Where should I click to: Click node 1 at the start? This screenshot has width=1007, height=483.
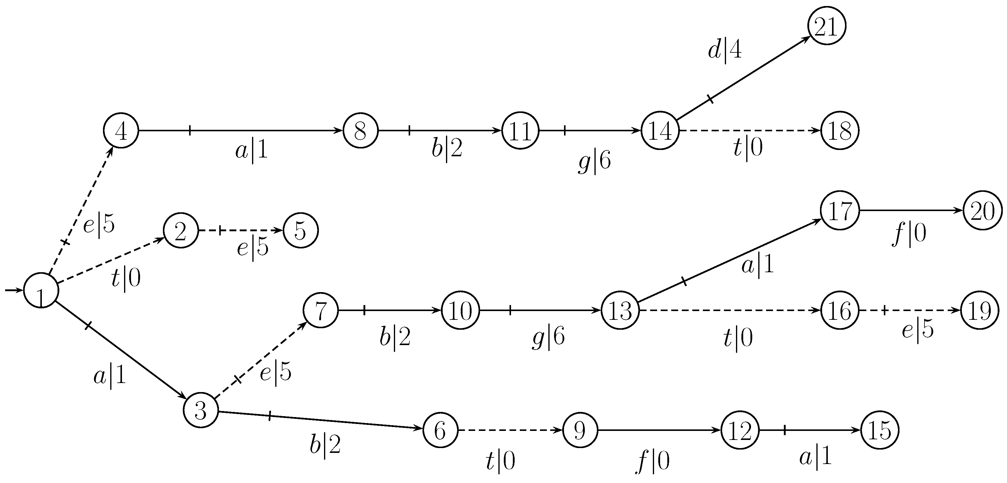[41, 290]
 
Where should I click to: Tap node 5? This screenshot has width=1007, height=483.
[301, 231]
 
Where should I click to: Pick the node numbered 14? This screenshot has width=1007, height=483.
[660, 131]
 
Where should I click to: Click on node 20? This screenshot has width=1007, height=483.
[982, 211]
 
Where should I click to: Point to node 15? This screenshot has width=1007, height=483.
[880, 430]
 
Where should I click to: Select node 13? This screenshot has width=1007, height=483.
[620, 311]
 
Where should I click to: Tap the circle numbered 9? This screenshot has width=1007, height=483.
[580, 430]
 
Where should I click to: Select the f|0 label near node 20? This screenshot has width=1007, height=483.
[909, 235]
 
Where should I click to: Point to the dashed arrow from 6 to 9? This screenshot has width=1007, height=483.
[510, 430]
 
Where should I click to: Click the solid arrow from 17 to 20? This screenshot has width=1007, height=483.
[911, 210]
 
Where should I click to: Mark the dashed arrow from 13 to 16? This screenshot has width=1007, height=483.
[729, 311]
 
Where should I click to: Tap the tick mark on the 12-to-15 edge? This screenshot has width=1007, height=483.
[784, 430]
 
